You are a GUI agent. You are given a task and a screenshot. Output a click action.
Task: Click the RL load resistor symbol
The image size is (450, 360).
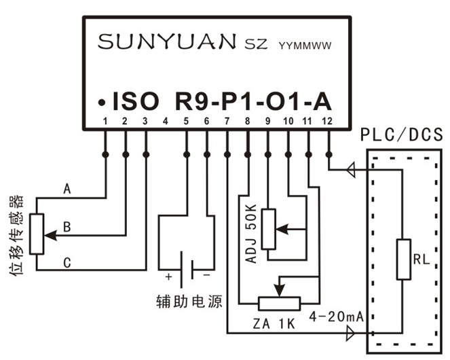[x=404, y=259]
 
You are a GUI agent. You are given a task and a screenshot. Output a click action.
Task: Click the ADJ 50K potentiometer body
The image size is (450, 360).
[x=269, y=230]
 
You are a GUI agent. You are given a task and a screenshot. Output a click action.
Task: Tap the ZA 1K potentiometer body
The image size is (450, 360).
[x=279, y=303]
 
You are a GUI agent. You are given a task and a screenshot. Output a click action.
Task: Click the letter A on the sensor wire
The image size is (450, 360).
[x=67, y=188]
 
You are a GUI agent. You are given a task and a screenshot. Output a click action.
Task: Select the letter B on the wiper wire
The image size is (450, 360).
[x=67, y=226]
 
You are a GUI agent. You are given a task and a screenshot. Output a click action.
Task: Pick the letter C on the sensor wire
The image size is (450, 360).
[x=67, y=262]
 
